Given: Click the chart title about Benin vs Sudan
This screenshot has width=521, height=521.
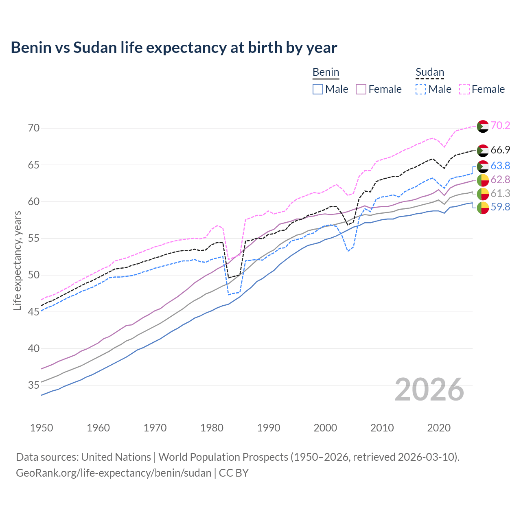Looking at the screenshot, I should click(174, 48).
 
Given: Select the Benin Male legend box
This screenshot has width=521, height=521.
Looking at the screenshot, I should click(318, 89).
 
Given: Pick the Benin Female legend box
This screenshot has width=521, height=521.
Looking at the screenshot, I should click(361, 89).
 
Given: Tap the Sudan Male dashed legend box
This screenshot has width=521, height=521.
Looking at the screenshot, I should click(421, 89).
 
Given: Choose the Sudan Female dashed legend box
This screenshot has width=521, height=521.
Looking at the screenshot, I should click(464, 89).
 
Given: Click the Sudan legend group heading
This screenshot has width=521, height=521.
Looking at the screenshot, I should click(429, 72).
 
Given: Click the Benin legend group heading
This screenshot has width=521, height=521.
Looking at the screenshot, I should click(326, 72).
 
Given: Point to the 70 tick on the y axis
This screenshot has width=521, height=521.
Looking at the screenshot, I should click(34, 128).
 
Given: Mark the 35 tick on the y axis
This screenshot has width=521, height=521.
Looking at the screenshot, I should click(34, 385).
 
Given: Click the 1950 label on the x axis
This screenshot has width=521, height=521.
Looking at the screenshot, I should click(42, 428).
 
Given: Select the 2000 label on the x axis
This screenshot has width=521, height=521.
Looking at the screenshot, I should click(325, 428).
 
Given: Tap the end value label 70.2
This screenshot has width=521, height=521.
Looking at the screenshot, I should click(500, 125).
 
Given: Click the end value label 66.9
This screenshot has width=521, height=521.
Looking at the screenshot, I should click(500, 150).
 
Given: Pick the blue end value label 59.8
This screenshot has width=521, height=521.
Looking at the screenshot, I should click(500, 207).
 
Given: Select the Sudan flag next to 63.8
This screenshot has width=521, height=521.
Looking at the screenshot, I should click(483, 166).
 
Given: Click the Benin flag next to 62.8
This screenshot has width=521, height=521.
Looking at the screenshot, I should click(483, 180).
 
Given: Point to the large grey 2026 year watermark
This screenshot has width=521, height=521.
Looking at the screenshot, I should click(429, 390).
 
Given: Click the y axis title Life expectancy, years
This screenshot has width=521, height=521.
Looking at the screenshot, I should click(17, 260).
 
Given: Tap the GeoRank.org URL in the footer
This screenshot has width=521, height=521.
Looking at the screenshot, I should click(114, 473).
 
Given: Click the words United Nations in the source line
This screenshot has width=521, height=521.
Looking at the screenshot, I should click(116, 457).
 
